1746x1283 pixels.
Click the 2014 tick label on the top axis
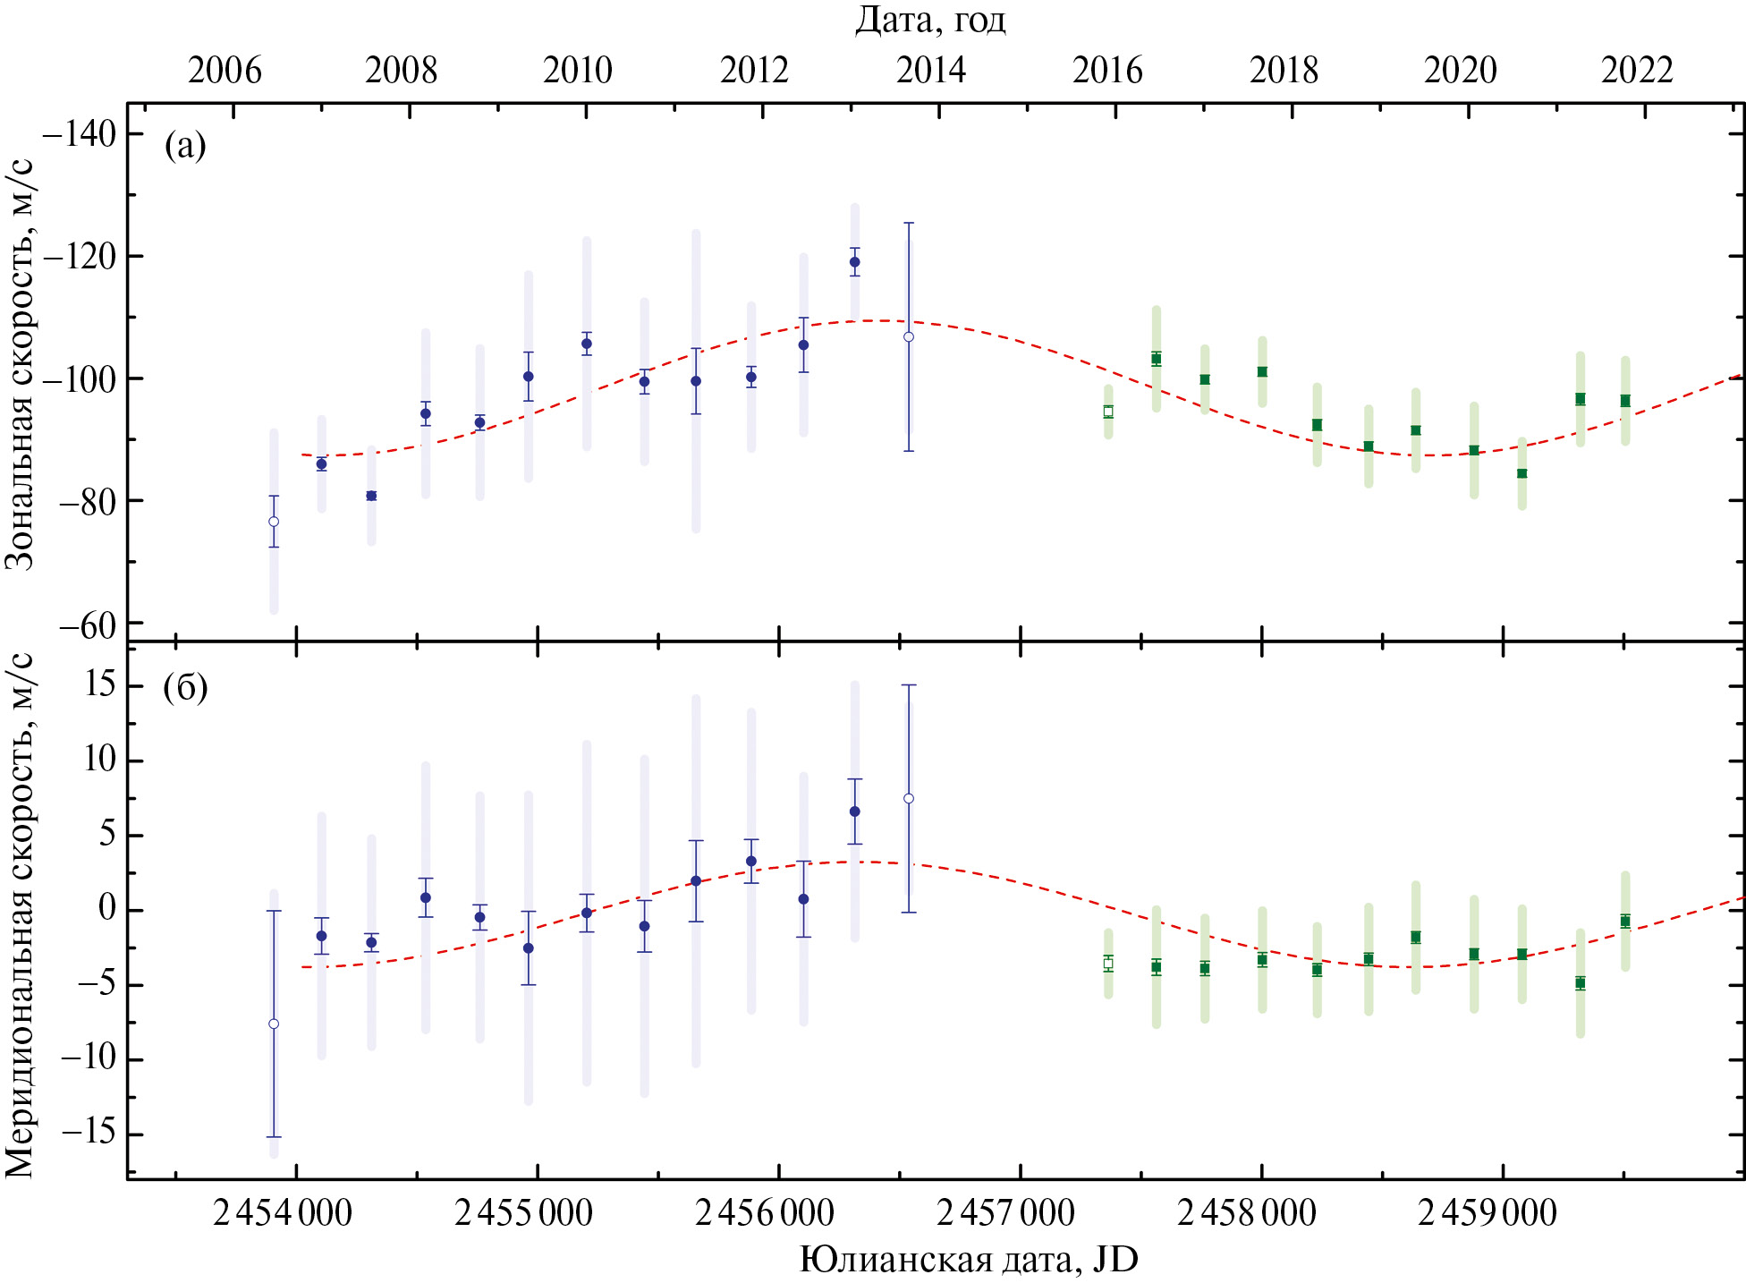pos(931,70)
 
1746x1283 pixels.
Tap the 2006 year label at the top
pos(225,70)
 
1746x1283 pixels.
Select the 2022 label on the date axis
pos(1637,70)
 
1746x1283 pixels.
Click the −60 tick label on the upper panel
pos(87,625)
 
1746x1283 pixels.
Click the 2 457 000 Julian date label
pos(1004,1213)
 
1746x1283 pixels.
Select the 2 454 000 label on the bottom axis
pos(282,1213)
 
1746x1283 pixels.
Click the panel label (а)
pos(185,145)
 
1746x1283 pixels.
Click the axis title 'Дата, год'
pos(930,20)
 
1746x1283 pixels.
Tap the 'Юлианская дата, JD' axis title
pos(968,1260)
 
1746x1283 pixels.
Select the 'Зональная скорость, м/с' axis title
pos(20,364)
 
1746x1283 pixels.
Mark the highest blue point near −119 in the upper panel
pos(854,262)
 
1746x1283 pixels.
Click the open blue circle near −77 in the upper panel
pos(274,522)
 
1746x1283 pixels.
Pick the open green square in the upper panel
pos(1108,412)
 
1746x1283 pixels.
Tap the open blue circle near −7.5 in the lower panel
pos(274,1024)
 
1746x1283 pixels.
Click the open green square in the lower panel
pos(1108,964)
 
